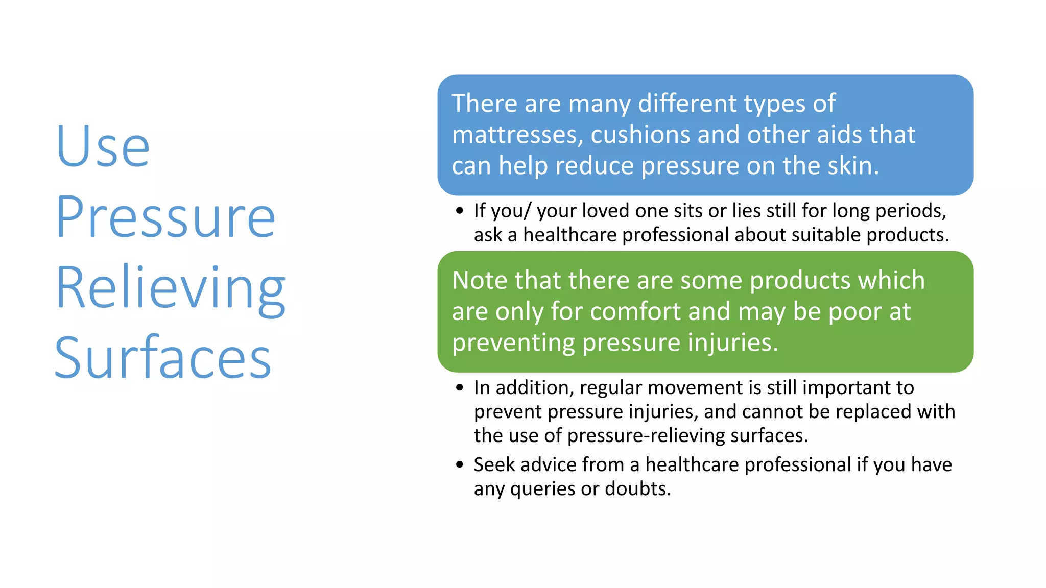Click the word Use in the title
point(103,147)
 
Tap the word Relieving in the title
point(170,289)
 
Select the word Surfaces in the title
point(162,359)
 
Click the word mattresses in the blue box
point(517,135)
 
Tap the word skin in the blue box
point(850,166)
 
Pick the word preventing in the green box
point(513,343)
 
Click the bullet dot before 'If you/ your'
point(460,211)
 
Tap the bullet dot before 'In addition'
point(460,388)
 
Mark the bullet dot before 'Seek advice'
point(460,465)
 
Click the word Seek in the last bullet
point(493,465)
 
